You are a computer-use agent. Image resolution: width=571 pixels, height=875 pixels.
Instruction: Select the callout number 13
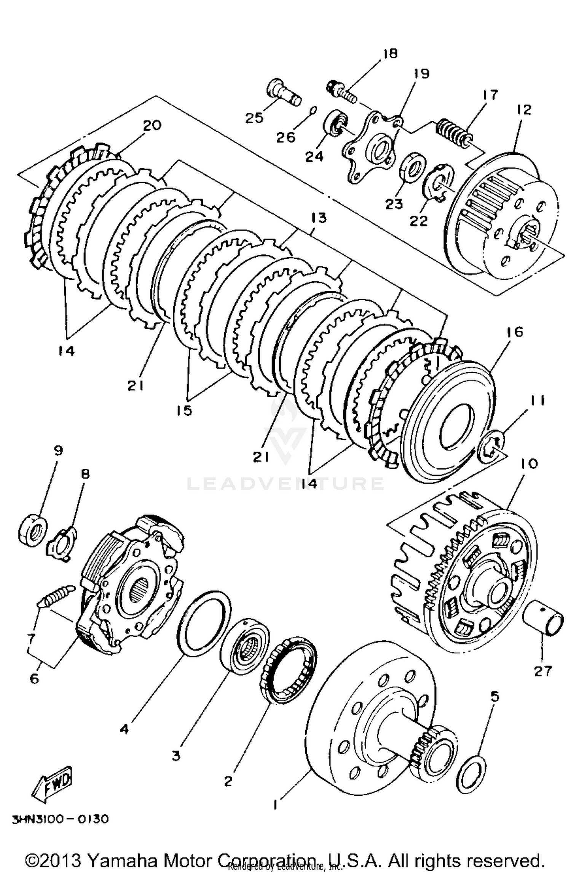(x=318, y=218)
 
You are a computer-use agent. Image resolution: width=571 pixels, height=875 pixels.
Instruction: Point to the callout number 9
(x=58, y=450)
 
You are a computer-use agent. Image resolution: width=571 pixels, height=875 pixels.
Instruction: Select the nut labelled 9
(x=33, y=529)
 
